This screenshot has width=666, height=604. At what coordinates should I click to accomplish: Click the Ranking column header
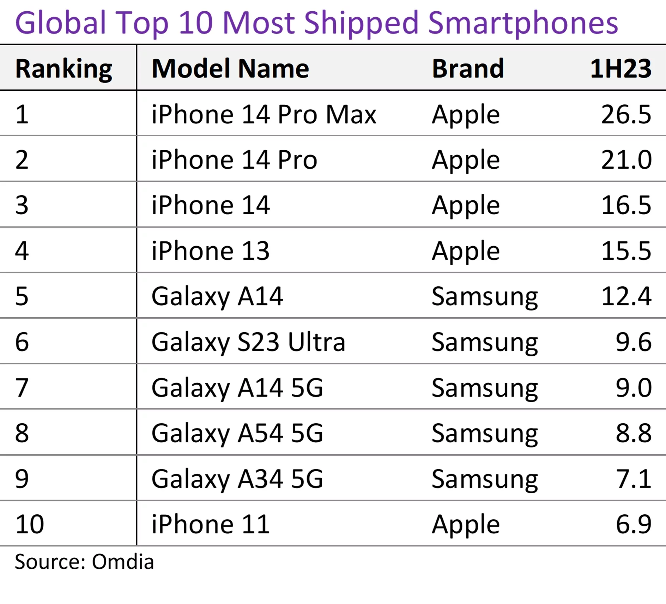pos(63,68)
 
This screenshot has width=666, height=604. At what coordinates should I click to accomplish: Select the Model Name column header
pos(230,68)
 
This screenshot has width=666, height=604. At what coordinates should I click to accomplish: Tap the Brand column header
pos(468,68)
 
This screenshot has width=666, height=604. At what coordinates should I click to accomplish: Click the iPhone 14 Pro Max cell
pos(264,114)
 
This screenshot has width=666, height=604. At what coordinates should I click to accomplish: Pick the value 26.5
pos(626,114)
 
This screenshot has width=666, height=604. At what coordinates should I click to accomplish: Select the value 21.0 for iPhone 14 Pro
pos(626,160)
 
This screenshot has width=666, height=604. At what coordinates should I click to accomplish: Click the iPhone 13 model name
pos(210,251)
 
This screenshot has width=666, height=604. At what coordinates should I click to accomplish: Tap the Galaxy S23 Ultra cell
pos(248,342)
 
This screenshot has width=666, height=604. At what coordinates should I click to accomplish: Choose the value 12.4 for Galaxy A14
pos(626,296)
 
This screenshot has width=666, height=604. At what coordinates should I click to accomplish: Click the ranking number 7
pos(22,387)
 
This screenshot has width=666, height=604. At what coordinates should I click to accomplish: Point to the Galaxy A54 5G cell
pos(237,433)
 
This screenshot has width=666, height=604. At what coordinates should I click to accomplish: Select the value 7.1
pos(633,479)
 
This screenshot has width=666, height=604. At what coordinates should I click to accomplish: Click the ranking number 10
pos(29,524)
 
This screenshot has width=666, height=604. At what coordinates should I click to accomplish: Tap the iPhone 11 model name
pos(210,524)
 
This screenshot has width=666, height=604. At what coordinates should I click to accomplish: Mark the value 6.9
pos(633,524)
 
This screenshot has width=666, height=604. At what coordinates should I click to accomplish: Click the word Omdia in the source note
pos(123,562)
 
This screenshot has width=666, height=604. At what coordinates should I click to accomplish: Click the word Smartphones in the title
pos(523,23)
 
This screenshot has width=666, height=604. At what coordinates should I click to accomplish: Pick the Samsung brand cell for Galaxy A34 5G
pos(484,479)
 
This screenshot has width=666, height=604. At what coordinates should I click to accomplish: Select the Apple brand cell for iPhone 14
pos(466,205)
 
